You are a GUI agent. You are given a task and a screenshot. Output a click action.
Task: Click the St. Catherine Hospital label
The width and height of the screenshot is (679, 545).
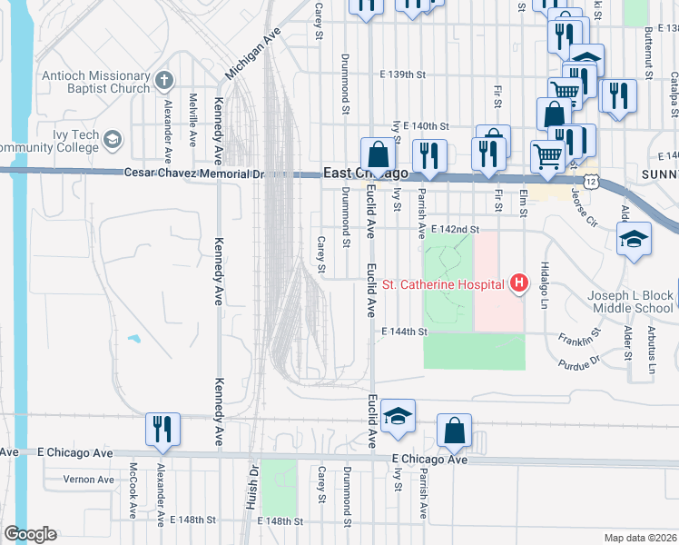(442, 284)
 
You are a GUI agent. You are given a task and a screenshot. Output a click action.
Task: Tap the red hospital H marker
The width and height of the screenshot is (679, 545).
(519, 284)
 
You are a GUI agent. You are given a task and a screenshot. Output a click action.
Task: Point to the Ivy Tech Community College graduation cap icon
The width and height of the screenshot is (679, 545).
(112, 140)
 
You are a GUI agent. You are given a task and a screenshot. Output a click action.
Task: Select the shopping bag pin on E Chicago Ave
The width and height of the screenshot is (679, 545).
(454, 430)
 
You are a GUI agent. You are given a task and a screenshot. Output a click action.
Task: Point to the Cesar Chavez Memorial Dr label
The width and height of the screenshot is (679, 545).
(193, 173)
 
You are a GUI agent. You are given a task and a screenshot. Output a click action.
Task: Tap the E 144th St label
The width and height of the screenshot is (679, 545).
(404, 332)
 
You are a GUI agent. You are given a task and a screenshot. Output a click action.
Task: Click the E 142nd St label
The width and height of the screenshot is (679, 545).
(455, 231)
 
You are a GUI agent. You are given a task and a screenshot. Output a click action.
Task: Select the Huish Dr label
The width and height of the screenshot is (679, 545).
(254, 486)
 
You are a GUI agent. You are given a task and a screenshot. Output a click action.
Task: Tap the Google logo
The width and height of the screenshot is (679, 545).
(30, 534)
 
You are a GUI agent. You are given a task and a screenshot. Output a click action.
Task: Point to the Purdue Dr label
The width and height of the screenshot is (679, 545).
(582, 361)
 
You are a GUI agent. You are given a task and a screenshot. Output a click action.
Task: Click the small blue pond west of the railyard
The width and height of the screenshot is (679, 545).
(134, 339)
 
